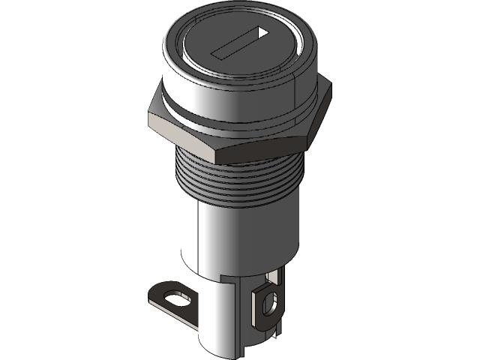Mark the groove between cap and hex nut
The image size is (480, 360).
tap(225, 121)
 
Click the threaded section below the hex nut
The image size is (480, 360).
tap(240, 176)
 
